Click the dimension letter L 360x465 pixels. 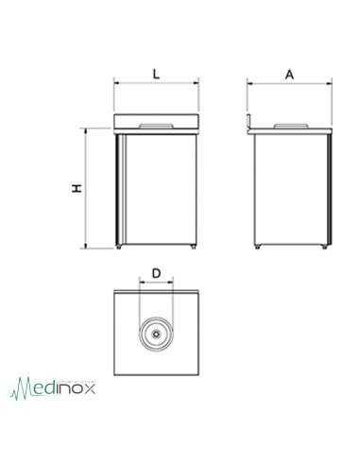pos(156,71)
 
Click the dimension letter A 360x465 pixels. pos(289,71)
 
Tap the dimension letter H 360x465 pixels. pos(76,189)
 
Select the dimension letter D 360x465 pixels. pos(156,274)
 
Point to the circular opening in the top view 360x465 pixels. pos(156,335)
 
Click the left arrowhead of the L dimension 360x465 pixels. pos(117,83)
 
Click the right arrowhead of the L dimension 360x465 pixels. pos(196,83)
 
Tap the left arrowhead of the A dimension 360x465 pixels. pos(250,83)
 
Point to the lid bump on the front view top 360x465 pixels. pos(156,123)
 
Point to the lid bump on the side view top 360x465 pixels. pos(289,123)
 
